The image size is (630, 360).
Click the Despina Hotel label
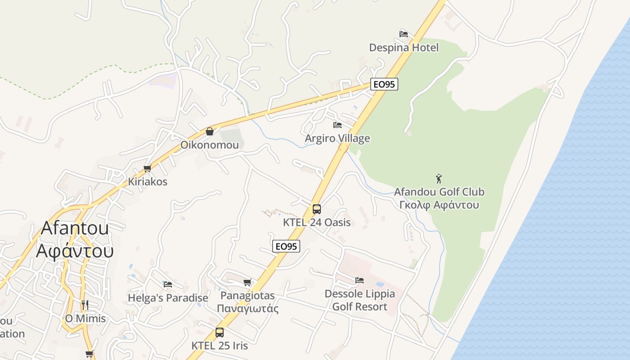point(404,47)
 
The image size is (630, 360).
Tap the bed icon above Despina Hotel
point(404,34)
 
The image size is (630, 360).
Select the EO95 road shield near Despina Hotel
point(384,84)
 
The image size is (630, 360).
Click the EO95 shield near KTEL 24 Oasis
point(286,246)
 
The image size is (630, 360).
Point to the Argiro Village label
point(337,138)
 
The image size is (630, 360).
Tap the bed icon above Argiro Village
point(337,125)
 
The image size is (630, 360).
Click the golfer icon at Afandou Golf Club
point(439,179)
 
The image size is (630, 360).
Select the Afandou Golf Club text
point(439,192)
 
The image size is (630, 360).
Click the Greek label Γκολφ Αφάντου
point(439,205)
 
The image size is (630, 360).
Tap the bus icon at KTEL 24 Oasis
point(317,209)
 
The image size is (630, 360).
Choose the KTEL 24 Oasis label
point(317,222)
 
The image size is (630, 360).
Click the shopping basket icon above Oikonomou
point(209,131)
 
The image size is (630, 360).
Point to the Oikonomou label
point(210,145)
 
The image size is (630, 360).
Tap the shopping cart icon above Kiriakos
point(147,169)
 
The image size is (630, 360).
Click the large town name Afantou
point(75,228)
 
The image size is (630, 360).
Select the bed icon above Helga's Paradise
point(168,284)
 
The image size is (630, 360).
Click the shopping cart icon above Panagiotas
point(247,283)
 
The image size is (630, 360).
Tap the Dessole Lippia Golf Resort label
point(360,300)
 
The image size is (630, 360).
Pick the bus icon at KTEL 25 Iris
point(220,333)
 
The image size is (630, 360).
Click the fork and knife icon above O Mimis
point(85,305)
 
